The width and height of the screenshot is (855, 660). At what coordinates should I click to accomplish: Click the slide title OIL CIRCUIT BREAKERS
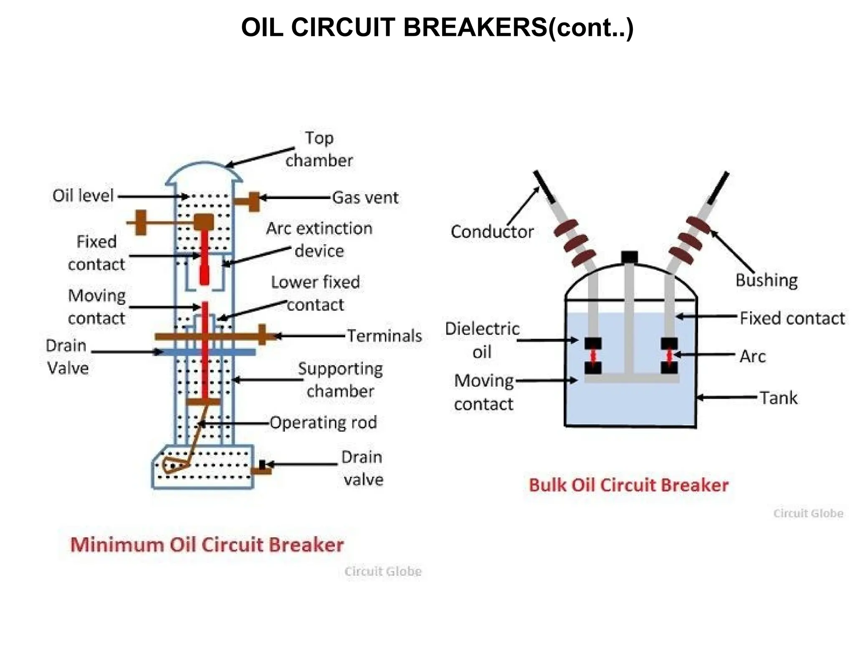[437, 28]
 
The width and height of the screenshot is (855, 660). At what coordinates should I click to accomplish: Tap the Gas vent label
[365, 197]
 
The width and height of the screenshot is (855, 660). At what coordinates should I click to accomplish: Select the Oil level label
[83, 196]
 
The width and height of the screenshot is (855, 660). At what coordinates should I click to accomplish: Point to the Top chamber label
[319, 149]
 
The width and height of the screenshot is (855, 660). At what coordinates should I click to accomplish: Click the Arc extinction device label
[319, 239]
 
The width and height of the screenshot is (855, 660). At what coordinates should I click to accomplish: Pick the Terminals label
[384, 336]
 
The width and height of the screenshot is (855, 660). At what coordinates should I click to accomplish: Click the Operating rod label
[323, 423]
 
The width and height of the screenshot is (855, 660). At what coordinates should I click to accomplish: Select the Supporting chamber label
[340, 380]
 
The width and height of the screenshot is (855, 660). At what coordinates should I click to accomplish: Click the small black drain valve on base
[262, 464]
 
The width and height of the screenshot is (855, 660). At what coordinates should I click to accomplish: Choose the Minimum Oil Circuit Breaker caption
[207, 545]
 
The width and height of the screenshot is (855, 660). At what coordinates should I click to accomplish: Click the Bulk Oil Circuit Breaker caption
[628, 485]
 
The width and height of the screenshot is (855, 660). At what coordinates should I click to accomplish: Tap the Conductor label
[492, 232]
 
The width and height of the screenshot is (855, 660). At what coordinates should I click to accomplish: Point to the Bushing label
[766, 280]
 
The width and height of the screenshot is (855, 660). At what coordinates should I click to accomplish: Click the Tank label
[778, 398]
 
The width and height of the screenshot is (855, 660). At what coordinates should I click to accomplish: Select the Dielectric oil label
[482, 340]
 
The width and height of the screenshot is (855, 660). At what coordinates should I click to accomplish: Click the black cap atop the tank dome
[629, 257]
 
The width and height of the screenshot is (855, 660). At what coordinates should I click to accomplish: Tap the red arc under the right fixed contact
[669, 356]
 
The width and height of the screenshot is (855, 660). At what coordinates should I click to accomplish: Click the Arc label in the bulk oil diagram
[752, 356]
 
